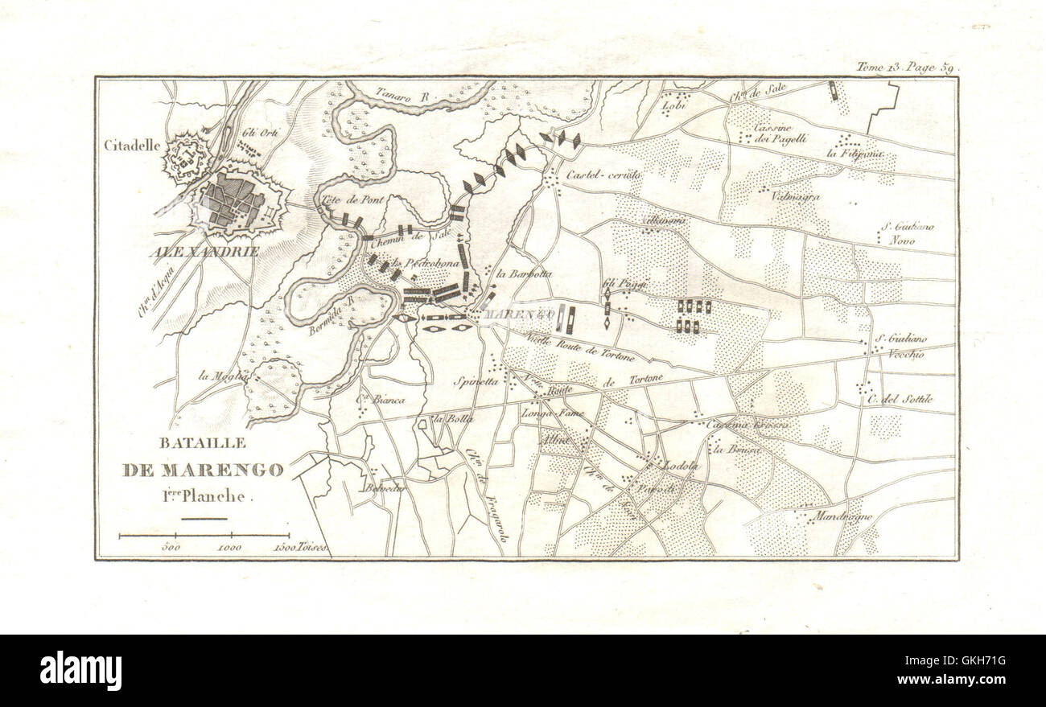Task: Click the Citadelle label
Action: click(133, 146)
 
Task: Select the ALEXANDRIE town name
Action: click(204, 251)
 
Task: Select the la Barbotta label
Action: click(525, 273)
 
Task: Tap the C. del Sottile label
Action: click(899, 399)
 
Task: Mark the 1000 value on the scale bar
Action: click(229, 548)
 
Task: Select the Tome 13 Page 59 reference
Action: click(905, 68)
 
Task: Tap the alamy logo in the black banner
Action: click(81, 670)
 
